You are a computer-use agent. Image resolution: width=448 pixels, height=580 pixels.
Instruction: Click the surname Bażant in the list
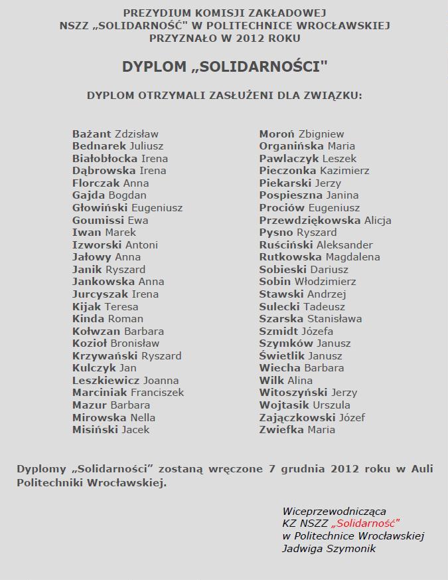(92, 134)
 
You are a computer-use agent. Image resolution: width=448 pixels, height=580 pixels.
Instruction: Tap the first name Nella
(143, 417)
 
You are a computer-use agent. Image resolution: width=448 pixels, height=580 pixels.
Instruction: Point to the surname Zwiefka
(281, 429)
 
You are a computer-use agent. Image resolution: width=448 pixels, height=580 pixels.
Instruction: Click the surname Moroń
(277, 134)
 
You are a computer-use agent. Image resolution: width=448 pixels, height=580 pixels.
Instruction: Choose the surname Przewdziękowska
(310, 220)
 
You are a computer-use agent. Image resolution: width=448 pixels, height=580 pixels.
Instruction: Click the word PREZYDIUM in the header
(155, 13)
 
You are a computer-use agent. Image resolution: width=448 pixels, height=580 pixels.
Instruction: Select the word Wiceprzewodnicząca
(334, 511)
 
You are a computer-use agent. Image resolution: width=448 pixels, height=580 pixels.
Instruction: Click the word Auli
(421, 468)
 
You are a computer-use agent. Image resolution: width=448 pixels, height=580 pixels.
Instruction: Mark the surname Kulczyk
(94, 367)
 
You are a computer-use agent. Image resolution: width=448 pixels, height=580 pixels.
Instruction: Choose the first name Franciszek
(157, 392)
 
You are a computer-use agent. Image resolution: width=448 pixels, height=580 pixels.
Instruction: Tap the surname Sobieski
(283, 269)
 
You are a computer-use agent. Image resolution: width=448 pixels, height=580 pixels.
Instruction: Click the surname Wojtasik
(285, 405)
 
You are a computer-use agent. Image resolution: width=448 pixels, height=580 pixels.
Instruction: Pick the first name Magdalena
(348, 256)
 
